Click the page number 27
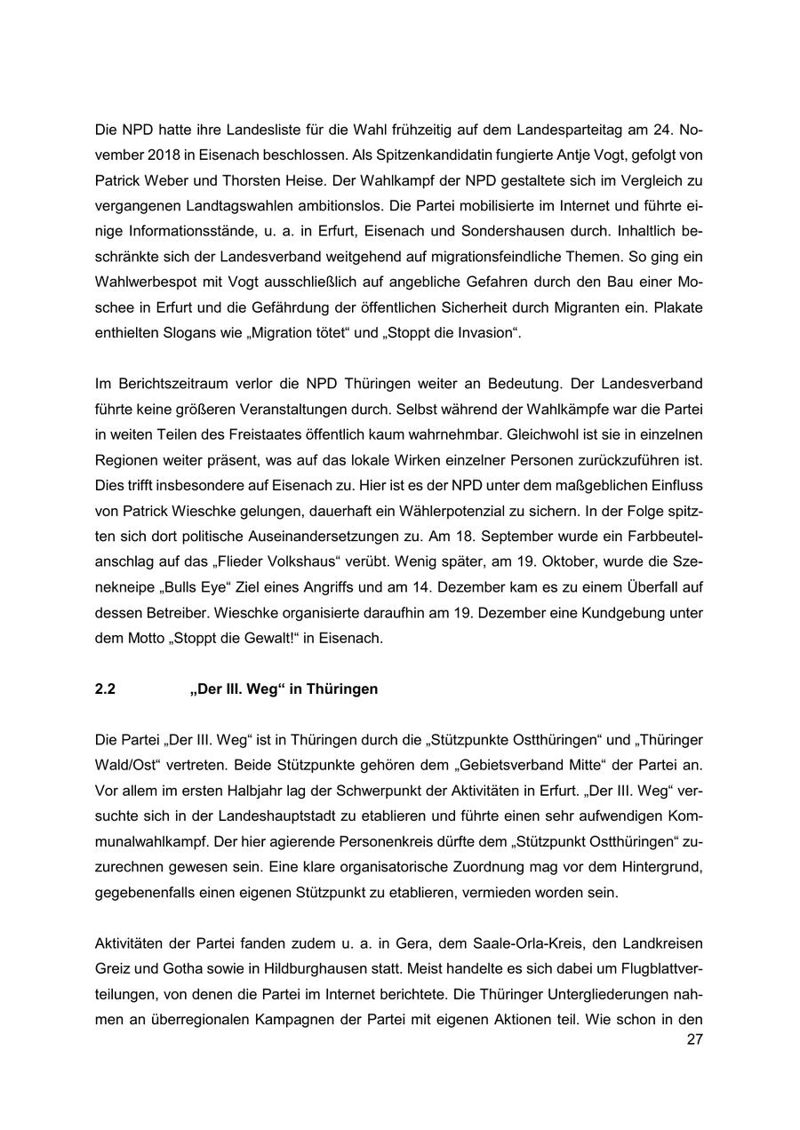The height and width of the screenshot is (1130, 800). pyautogui.click(x=694, y=1041)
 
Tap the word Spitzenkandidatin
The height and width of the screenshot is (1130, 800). pyautogui.click(x=442, y=155)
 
